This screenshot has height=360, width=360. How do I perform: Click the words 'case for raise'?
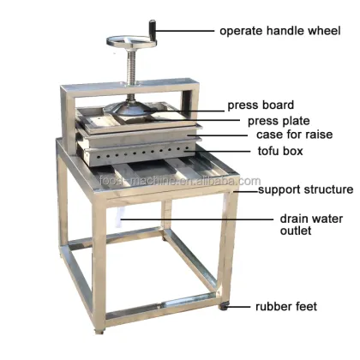click(293, 135)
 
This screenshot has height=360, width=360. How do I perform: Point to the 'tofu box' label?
click(280, 152)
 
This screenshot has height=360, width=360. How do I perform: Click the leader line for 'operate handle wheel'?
click(187, 32)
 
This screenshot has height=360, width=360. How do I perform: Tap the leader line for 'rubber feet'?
click(241, 306)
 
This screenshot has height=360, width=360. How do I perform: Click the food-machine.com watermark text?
click(189, 181)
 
